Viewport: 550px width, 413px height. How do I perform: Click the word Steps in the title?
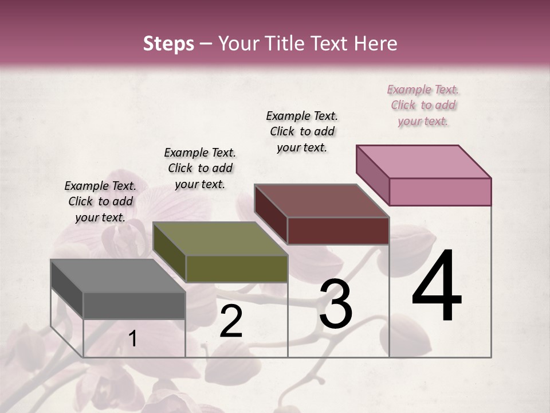point(168,44)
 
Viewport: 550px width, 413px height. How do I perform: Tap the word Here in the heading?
point(375,44)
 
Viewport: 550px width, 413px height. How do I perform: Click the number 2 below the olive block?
point(231,321)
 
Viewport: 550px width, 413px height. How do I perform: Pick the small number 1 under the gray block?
point(132,339)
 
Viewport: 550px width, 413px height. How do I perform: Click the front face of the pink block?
point(440,192)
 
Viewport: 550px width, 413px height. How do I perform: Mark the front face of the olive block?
point(237,268)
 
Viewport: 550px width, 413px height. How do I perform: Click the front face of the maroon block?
point(338,231)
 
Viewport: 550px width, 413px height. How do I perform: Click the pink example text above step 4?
point(423,105)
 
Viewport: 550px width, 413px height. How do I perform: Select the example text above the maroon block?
point(302,131)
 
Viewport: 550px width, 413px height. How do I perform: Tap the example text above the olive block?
point(200,168)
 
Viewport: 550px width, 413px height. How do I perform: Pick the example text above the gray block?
point(100,201)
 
